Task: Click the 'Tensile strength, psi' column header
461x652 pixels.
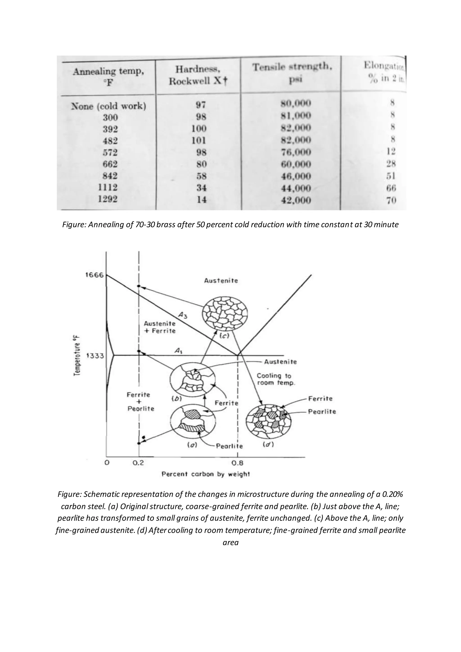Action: coord(292,73)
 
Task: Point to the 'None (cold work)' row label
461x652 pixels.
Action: coord(108,106)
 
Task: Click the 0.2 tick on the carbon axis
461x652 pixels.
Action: coord(138,463)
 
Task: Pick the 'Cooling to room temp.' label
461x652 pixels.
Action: coord(276,379)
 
